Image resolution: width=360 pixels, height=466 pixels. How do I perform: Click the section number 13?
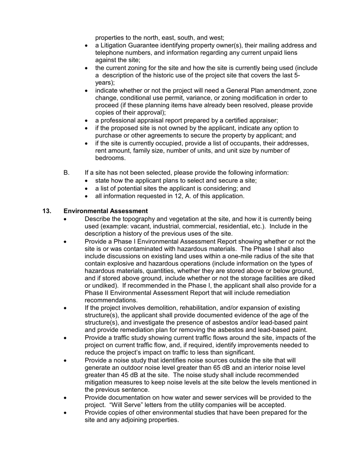(47, 211)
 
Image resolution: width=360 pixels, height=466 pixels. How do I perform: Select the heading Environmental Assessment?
(106, 211)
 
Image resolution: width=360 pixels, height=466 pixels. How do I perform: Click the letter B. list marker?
(67, 173)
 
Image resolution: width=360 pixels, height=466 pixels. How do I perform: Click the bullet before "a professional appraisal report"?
(87, 121)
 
